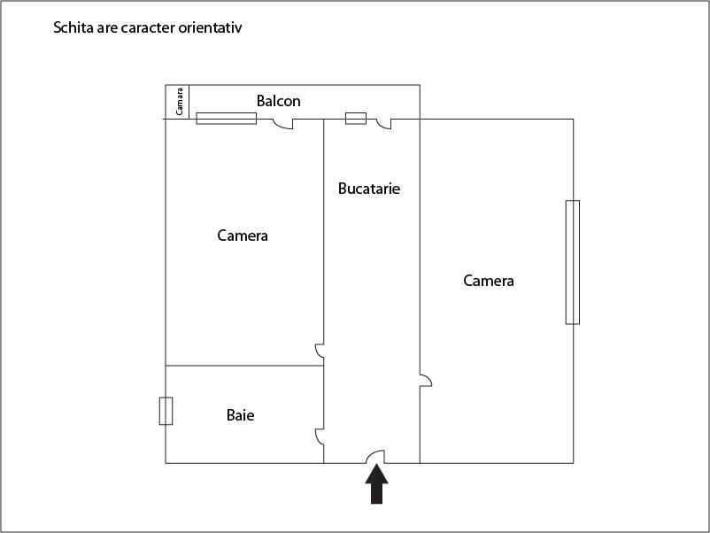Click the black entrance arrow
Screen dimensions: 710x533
click(377, 483)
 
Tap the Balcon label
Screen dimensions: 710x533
click(279, 101)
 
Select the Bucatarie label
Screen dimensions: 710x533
click(369, 189)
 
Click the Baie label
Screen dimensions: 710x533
click(241, 415)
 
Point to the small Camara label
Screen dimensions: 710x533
click(180, 102)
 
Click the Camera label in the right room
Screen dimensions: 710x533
click(489, 281)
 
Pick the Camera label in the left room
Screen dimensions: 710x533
click(243, 236)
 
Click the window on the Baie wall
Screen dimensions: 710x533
click(166, 411)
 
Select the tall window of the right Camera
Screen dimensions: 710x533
click(573, 262)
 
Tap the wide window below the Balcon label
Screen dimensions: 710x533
click(227, 119)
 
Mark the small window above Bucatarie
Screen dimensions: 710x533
click(356, 119)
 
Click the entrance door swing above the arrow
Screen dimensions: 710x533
click(375, 457)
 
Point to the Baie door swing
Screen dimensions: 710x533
click(320, 436)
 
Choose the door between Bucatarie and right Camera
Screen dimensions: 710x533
click(426, 381)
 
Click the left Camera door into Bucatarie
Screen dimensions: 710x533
click(320, 351)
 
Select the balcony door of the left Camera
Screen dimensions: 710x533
click(283, 124)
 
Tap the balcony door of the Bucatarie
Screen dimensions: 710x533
click(384, 124)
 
